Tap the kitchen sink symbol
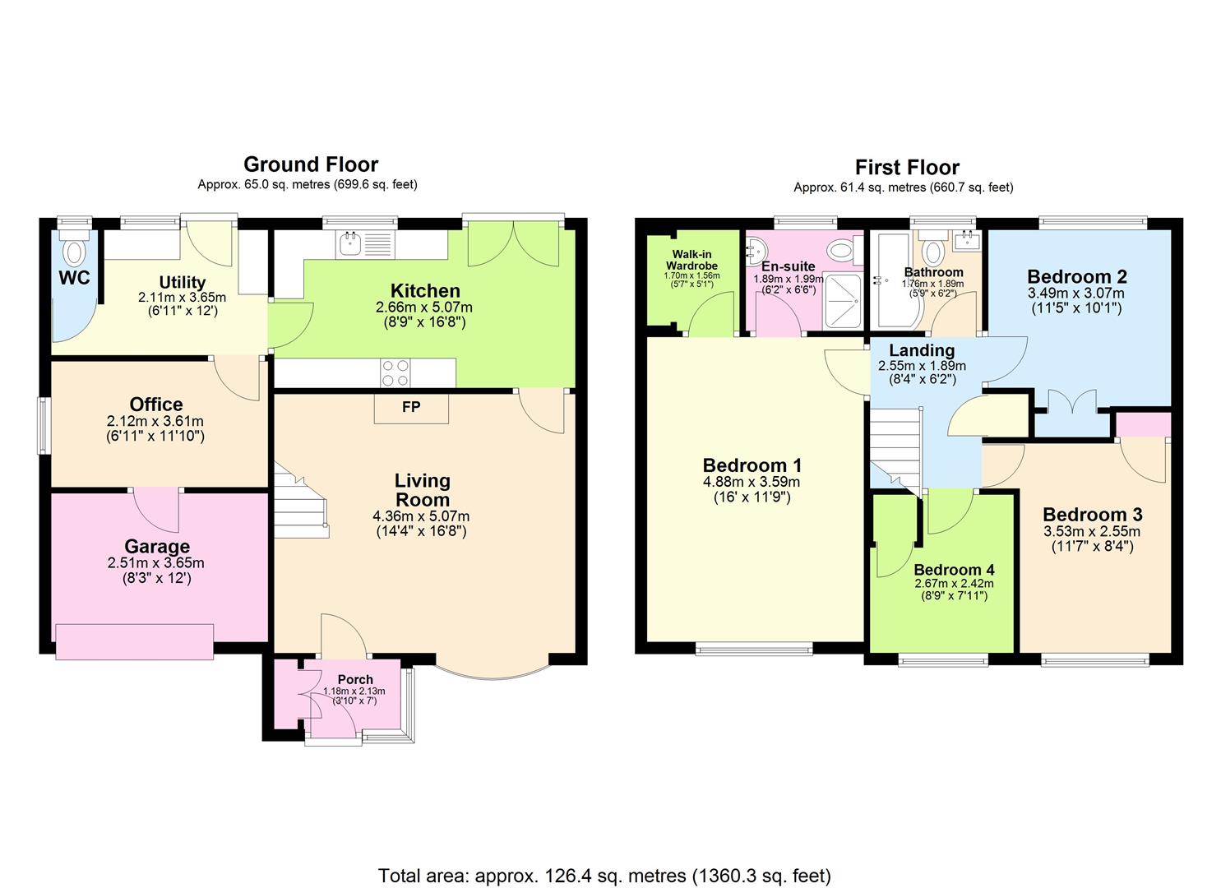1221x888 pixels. (351, 243)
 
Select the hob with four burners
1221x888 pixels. (395, 372)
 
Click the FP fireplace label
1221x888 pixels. (411, 407)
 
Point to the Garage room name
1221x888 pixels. (156, 547)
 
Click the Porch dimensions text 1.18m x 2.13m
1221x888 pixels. (354, 691)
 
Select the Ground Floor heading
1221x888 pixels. (310, 164)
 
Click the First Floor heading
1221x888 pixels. (907, 168)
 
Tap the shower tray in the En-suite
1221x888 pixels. (843, 301)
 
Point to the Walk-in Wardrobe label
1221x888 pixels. (691, 261)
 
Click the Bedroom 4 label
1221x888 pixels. (954, 570)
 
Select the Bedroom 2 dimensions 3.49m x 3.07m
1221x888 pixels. (1075, 294)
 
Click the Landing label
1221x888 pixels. (921, 351)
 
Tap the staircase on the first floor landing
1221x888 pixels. (896, 448)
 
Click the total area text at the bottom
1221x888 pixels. (604, 875)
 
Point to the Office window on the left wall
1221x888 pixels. (43, 425)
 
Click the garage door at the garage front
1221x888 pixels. (135, 641)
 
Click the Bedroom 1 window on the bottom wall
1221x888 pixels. (754, 650)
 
